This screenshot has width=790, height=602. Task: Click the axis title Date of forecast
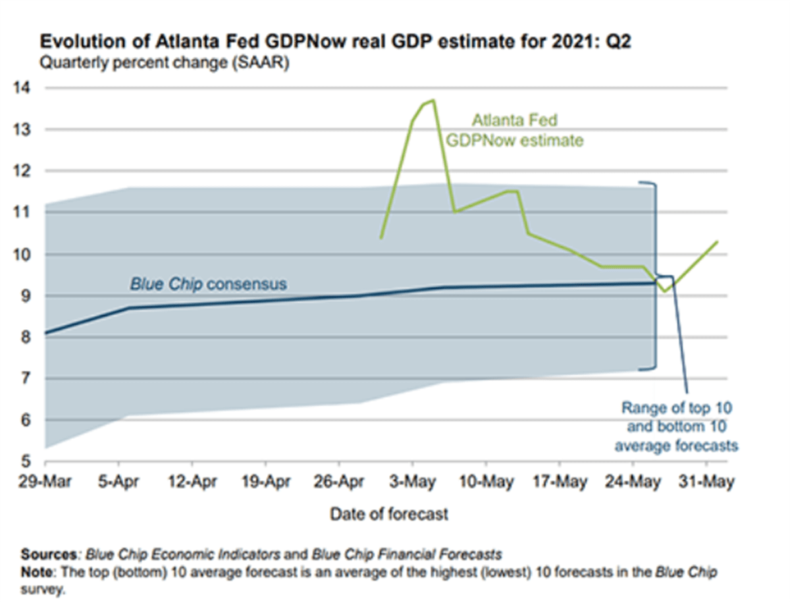tap(389, 514)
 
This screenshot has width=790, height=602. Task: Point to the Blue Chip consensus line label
tap(207, 285)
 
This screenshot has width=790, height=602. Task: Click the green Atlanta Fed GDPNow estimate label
tap(514, 130)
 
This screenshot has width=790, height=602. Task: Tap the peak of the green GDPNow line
tap(433, 100)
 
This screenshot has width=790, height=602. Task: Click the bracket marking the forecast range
tap(655, 275)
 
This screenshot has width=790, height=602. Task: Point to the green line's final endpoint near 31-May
tap(717, 242)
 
